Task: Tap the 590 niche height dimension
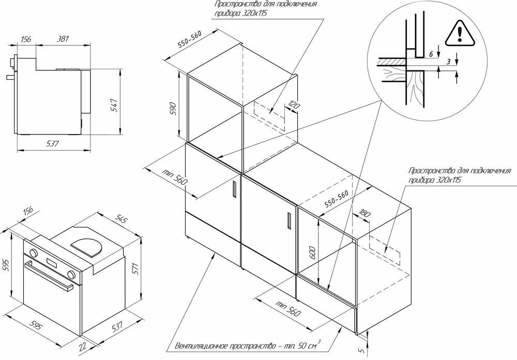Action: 174,108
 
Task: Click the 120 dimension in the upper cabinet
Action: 294,107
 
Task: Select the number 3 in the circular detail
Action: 448,62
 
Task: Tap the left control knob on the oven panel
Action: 34,253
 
